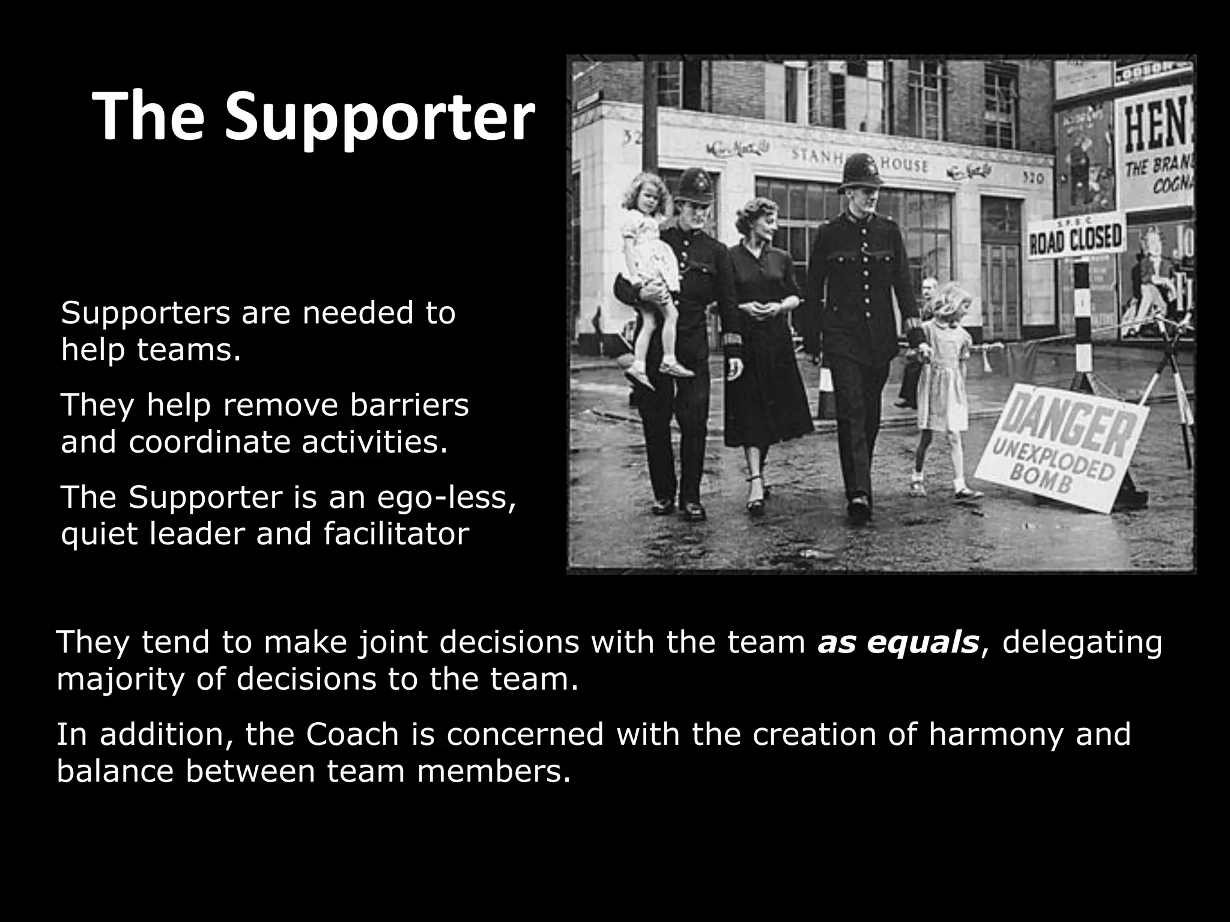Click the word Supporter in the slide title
[x=380, y=118]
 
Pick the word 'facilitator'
[x=396, y=534]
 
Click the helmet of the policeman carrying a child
[x=695, y=183]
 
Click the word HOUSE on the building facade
[x=904, y=164]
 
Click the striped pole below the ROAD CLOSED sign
[x=1083, y=318]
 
